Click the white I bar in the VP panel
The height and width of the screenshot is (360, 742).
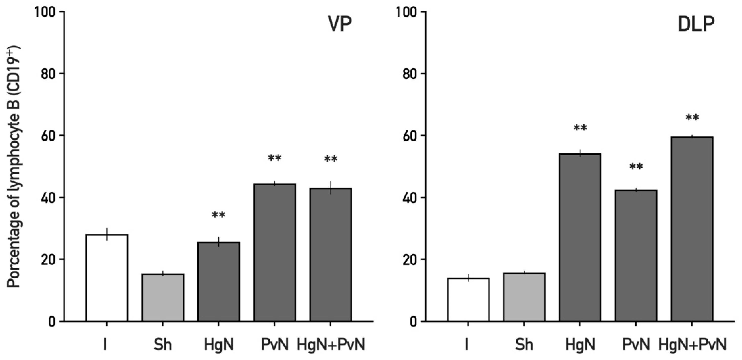[x=107, y=278]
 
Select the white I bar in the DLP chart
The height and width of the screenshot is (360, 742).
[x=468, y=299]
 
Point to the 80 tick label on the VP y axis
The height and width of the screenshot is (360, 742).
[x=48, y=74]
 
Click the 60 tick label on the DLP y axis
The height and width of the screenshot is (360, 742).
[x=409, y=136]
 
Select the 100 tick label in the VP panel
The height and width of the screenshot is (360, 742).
[x=45, y=12]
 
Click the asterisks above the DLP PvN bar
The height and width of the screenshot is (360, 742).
[x=636, y=167]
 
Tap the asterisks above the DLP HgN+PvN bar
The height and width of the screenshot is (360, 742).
[x=692, y=118]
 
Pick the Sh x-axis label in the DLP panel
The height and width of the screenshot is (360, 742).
[x=524, y=345]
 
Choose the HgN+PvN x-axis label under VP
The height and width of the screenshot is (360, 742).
[x=331, y=345]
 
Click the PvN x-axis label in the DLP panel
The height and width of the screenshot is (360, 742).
[x=636, y=345]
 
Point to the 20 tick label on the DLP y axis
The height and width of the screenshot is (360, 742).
[x=409, y=259]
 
